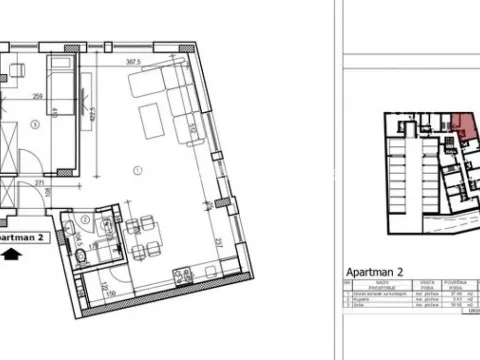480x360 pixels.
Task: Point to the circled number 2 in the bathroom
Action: tap(87, 221)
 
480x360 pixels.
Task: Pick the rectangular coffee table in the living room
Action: tap(151, 120)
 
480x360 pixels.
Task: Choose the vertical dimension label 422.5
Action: tap(92, 105)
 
